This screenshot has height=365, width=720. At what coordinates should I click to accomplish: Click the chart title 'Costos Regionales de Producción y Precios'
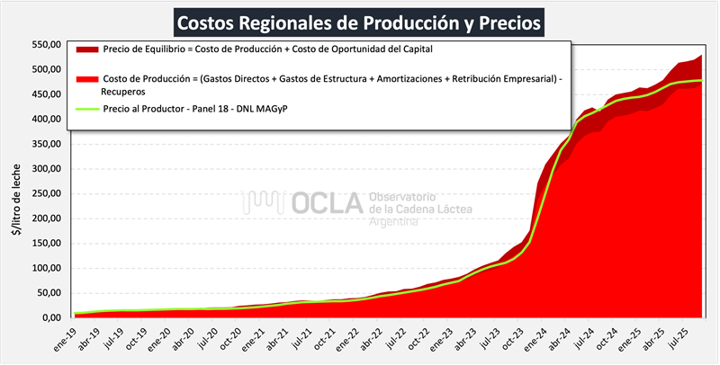tap(359, 20)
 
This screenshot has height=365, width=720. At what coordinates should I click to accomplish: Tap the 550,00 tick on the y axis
tap(46, 45)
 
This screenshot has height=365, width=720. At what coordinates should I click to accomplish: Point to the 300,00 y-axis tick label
tap(46, 169)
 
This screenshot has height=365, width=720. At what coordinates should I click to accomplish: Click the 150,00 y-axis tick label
tap(46, 244)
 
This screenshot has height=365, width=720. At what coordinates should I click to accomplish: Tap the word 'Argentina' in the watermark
tap(394, 221)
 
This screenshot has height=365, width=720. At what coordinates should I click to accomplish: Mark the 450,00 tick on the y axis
tap(46, 94)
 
